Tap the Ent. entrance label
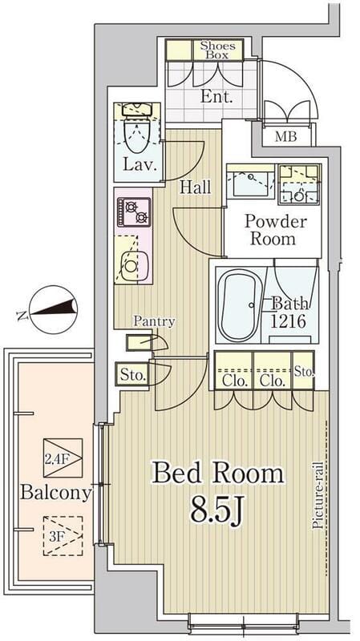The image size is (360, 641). click(216, 97)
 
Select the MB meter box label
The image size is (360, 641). click(285, 136)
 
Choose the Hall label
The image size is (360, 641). click(196, 187)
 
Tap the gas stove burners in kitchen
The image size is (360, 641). click(134, 212)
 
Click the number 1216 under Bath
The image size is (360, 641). click(288, 321)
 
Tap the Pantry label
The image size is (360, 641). click(154, 321)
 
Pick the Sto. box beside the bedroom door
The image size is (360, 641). click(132, 374)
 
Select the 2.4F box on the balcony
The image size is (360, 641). click(63, 458)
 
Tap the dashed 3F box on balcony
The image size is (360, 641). click(63, 535)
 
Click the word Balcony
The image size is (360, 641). click(55, 493)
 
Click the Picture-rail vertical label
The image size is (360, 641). click(318, 495)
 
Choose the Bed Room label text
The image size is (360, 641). click(217, 474)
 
